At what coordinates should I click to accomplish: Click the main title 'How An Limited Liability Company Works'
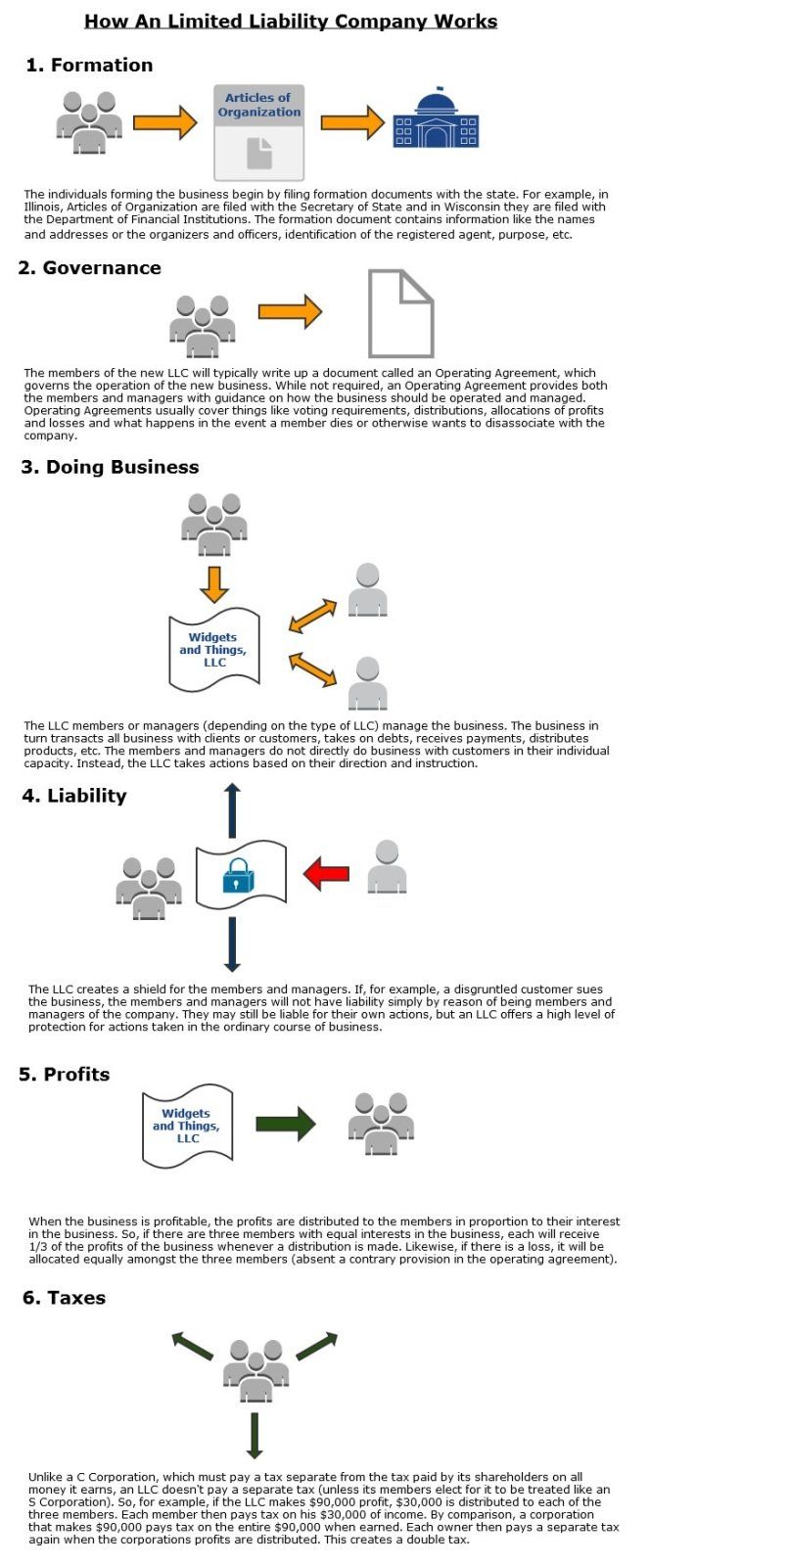(291, 21)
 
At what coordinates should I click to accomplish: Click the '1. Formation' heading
(89, 65)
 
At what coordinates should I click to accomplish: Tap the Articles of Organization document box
(258, 133)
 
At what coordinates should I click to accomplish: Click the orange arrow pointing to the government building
(352, 123)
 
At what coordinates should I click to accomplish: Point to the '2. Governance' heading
(89, 267)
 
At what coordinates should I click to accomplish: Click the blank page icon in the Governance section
(401, 313)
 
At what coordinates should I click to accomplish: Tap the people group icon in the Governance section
(203, 326)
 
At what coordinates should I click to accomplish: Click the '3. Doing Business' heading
(110, 467)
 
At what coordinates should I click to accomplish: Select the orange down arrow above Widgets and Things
(214, 584)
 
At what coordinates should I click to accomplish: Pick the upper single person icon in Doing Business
(368, 589)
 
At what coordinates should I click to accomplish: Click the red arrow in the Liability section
(326, 873)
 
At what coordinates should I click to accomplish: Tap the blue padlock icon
(238, 875)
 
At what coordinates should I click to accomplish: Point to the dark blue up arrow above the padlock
(233, 810)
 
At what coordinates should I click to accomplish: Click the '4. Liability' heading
(74, 795)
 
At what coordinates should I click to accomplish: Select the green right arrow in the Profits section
(286, 1124)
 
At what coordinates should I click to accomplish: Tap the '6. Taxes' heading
(64, 1298)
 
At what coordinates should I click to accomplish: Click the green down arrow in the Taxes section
(255, 1435)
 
